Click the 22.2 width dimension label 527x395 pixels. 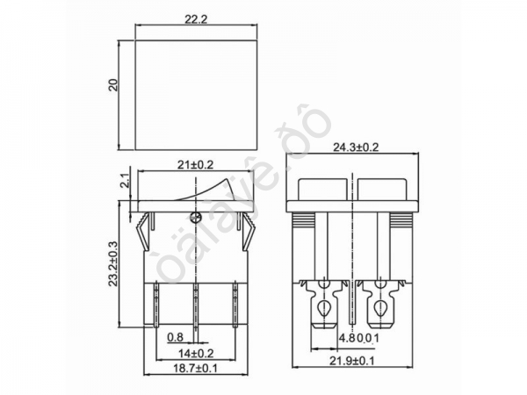point(196,18)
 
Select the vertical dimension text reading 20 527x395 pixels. point(112,84)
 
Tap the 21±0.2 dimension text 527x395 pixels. point(195,164)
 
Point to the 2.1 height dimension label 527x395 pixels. point(124,182)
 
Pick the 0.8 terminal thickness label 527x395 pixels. point(176,336)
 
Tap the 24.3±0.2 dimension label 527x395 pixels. point(355,147)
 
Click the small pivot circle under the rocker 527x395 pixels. point(195,215)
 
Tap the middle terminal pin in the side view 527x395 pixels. point(195,304)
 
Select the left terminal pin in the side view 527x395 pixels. point(157,304)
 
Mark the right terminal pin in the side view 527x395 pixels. point(234,304)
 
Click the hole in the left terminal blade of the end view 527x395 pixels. point(326,306)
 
